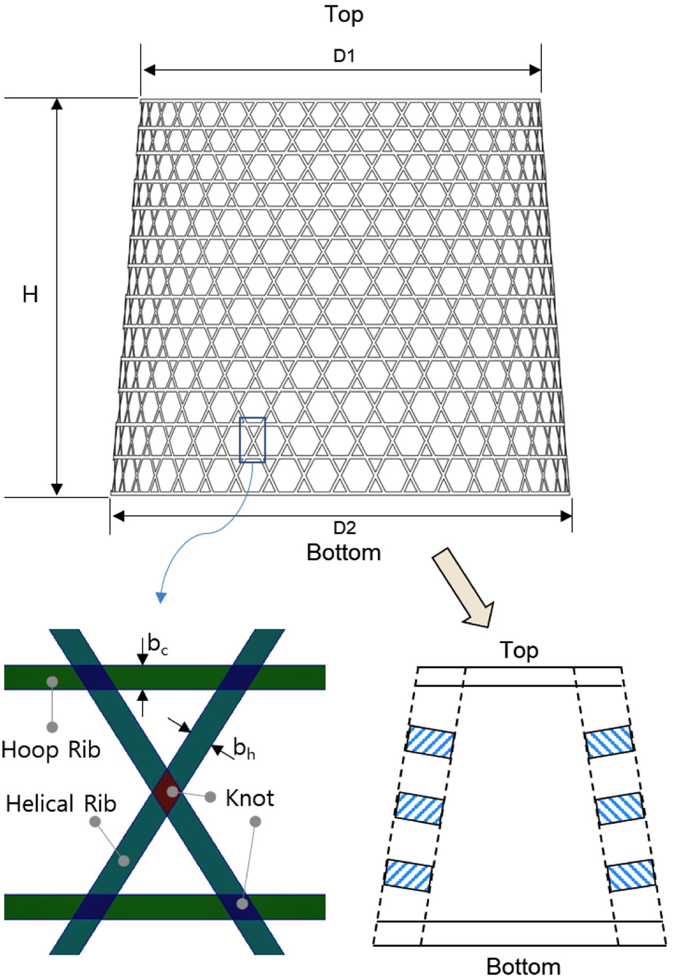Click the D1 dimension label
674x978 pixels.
(x=344, y=56)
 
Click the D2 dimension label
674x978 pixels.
(x=344, y=528)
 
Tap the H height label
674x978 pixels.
(x=30, y=295)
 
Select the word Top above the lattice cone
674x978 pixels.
(x=344, y=14)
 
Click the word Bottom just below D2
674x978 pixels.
(x=343, y=552)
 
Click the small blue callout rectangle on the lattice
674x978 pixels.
(x=252, y=440)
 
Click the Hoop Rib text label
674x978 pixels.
(x=51, y=750)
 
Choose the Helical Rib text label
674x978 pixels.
(x=61, y=804)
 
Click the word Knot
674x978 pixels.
(x=250, y=798)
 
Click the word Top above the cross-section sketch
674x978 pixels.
(x=518, y=651)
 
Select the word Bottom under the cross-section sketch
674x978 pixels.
(x=523, y=966)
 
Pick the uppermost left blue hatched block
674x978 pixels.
(x=430, y=741)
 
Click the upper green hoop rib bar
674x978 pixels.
(x=289, y=677)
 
